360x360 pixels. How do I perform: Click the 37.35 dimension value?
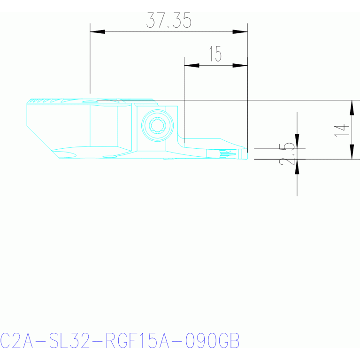(x=169, y=20)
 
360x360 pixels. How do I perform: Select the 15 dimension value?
(x=215, y=54)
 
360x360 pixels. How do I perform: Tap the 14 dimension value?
(x=342, y=130)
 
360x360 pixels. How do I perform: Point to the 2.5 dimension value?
(x=287, y=154)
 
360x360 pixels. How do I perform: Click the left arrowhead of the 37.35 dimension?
(x=97, y=32)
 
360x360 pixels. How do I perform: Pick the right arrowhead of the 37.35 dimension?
(x=240, y=32)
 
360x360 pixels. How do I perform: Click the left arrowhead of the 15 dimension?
(x=191, y=65)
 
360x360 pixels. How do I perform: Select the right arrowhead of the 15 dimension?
(x=240, y=65)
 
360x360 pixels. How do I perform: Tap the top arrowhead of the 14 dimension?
(x=352, y=107)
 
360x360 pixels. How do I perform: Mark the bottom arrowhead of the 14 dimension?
(x=352, y=152)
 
